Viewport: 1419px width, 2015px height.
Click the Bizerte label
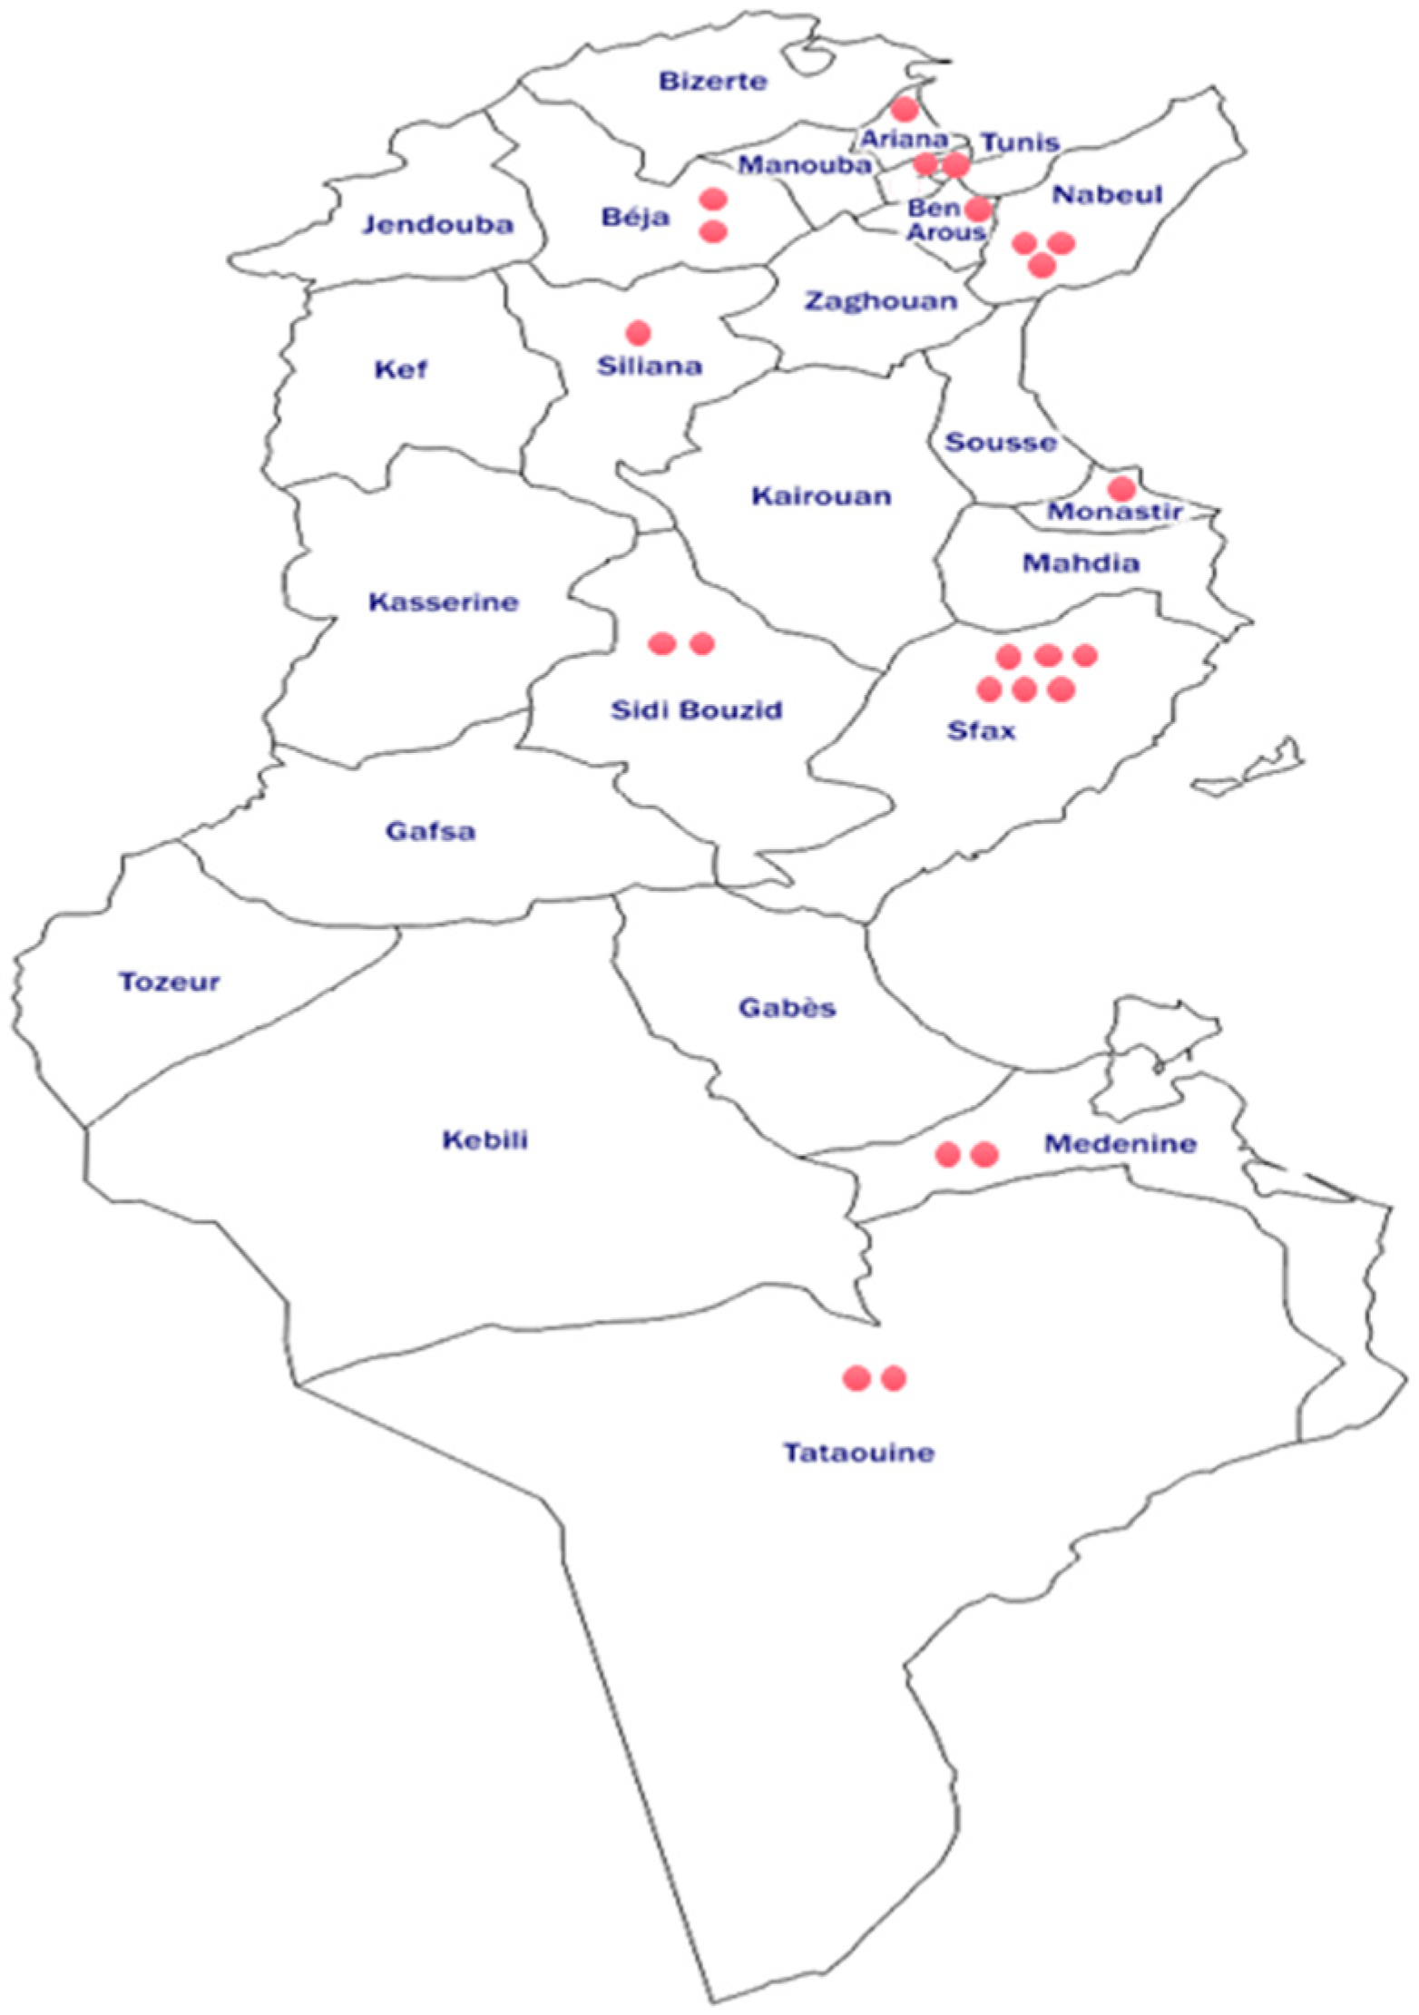712,82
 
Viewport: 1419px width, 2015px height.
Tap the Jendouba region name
438,224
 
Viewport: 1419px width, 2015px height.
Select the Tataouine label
858,1453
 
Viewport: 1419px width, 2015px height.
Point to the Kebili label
485,1140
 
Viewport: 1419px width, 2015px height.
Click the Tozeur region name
170,982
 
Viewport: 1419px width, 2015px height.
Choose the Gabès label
787,1007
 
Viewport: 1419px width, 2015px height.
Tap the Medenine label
1120,1143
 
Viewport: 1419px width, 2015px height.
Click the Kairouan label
821,496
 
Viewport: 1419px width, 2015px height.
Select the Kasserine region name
444,602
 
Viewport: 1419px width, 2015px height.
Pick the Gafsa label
430,831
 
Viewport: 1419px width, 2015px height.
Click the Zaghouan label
881,300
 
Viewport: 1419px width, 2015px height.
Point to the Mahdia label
1081,563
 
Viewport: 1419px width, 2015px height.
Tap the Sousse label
1001,443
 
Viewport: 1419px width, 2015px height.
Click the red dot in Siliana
638,333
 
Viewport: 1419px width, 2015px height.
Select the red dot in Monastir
1121,488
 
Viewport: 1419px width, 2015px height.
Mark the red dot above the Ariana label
905,110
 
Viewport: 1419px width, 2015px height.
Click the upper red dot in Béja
713,199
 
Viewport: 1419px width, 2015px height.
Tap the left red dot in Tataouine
856,1378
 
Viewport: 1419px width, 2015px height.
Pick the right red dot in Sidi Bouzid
702,643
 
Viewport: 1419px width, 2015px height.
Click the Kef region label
401,369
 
